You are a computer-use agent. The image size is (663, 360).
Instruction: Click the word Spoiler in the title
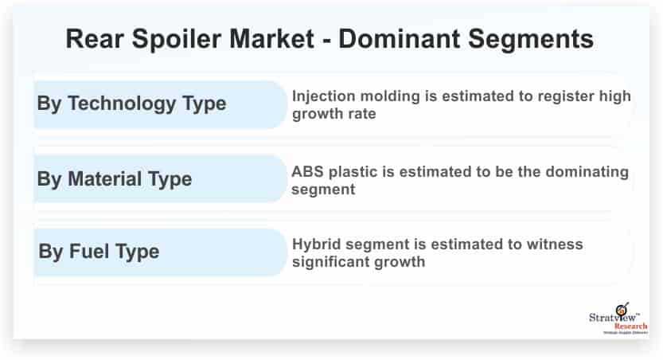[177, 39]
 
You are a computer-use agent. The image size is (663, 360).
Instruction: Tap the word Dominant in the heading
[400, 39]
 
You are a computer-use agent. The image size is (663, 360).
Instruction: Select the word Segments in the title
[531, 40]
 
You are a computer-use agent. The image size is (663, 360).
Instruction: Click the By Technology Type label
[131, 104]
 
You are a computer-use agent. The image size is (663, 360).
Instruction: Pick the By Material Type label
[115, 179]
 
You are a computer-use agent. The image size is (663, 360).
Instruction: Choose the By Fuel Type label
[99, 251]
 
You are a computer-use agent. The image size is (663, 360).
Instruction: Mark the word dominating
[587, 173]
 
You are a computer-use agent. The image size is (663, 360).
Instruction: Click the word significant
[336, 262]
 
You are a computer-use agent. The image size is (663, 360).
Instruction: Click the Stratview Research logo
[618, 318]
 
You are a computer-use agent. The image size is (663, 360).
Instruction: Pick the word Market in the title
[272, 39]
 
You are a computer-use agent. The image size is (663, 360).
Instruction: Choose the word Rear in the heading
[95, 39]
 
